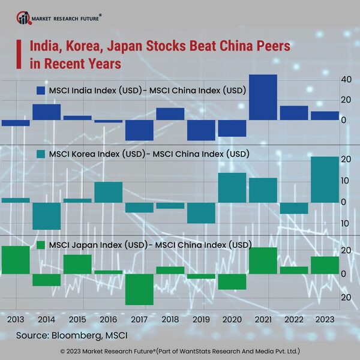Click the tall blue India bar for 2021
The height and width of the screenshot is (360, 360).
click(263, 97)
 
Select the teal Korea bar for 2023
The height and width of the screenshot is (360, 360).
click(325, 179)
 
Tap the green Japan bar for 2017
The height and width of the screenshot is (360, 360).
click(139, 289)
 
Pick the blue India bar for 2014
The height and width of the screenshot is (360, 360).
click(46, 112)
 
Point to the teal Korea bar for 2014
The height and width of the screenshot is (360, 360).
click(46, 216)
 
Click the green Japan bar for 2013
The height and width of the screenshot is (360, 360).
click(16, 260)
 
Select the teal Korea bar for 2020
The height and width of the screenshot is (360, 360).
click(232, 188)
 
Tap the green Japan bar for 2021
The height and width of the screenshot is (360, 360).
click(263, 260)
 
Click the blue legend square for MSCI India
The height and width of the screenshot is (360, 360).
click(41, 91)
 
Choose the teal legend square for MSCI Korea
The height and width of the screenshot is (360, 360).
click(41, 154)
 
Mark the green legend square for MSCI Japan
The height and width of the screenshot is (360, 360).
click(41, 245)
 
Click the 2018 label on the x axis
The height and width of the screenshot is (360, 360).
click(170, 320)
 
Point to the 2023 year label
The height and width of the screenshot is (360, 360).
click(325, 320)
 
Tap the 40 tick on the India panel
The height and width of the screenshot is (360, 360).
click(346, 80)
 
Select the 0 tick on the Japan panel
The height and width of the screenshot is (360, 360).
click(343, 274)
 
